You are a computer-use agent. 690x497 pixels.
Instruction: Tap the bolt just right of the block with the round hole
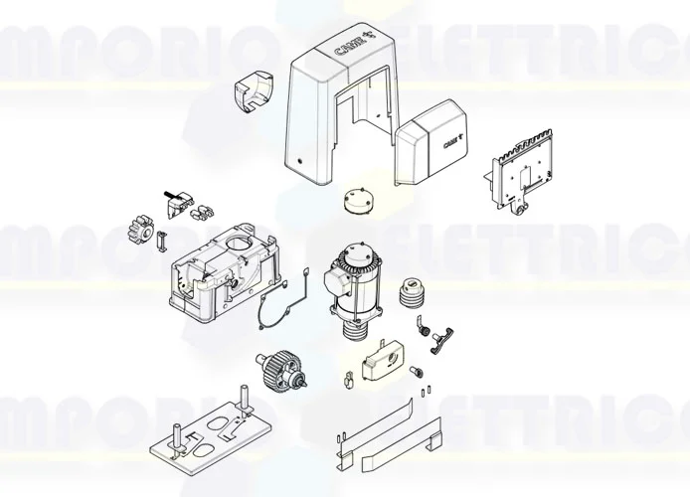point(416,372)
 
